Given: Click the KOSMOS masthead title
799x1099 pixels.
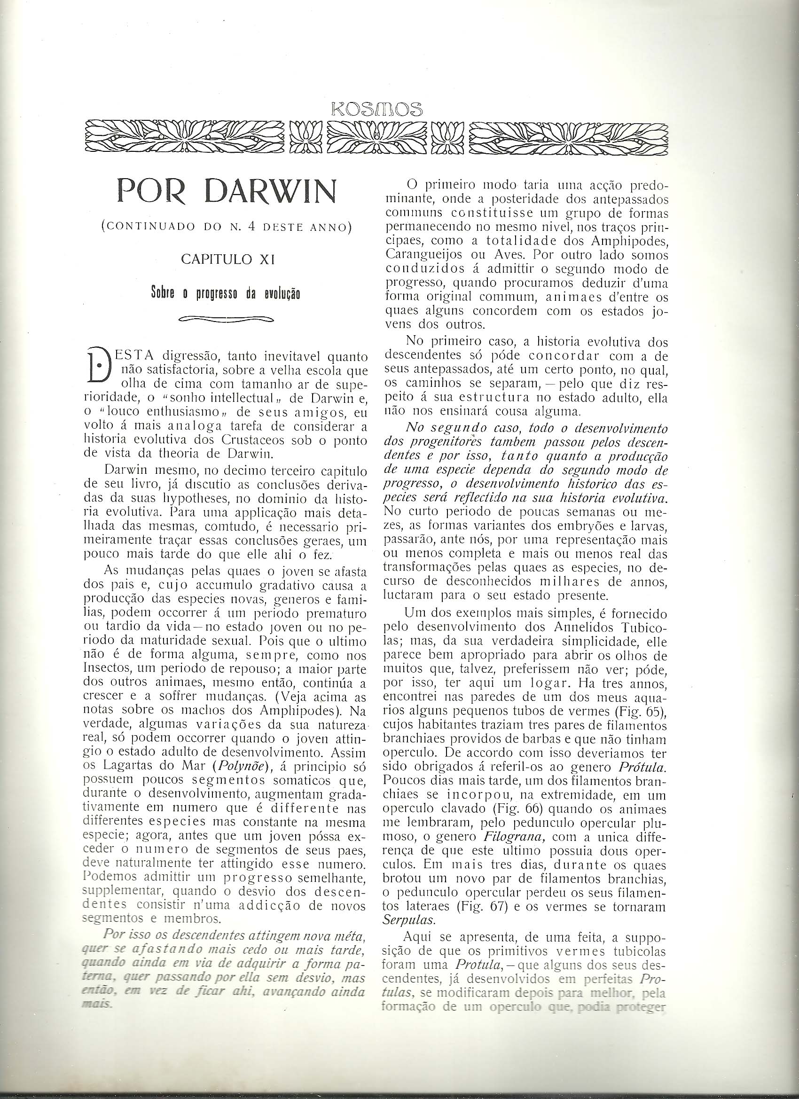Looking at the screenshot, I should point(376,109).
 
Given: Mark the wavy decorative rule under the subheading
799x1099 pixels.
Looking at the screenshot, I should point(226,319).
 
